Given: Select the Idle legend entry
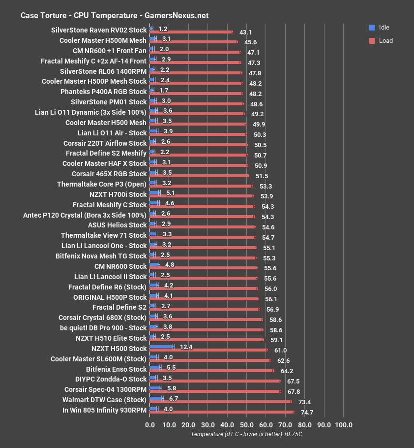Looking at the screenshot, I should [378, 28].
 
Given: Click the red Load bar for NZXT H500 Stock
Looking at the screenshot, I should [208, 350].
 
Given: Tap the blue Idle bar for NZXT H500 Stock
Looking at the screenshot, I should [161, 347].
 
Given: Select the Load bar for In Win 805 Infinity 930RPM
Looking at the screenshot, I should [222, 412].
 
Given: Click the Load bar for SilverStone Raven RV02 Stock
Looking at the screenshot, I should [191, 32].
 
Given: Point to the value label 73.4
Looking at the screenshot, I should [305, 402].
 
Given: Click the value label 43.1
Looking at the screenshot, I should [245, 32].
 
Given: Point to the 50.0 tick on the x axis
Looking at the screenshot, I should [247, 425].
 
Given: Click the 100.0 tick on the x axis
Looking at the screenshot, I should [343, 425].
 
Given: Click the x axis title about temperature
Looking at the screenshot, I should [246, 434].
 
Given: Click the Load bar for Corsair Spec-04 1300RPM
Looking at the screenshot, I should [215, 391].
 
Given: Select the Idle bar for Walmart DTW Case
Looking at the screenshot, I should [156, 398].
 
